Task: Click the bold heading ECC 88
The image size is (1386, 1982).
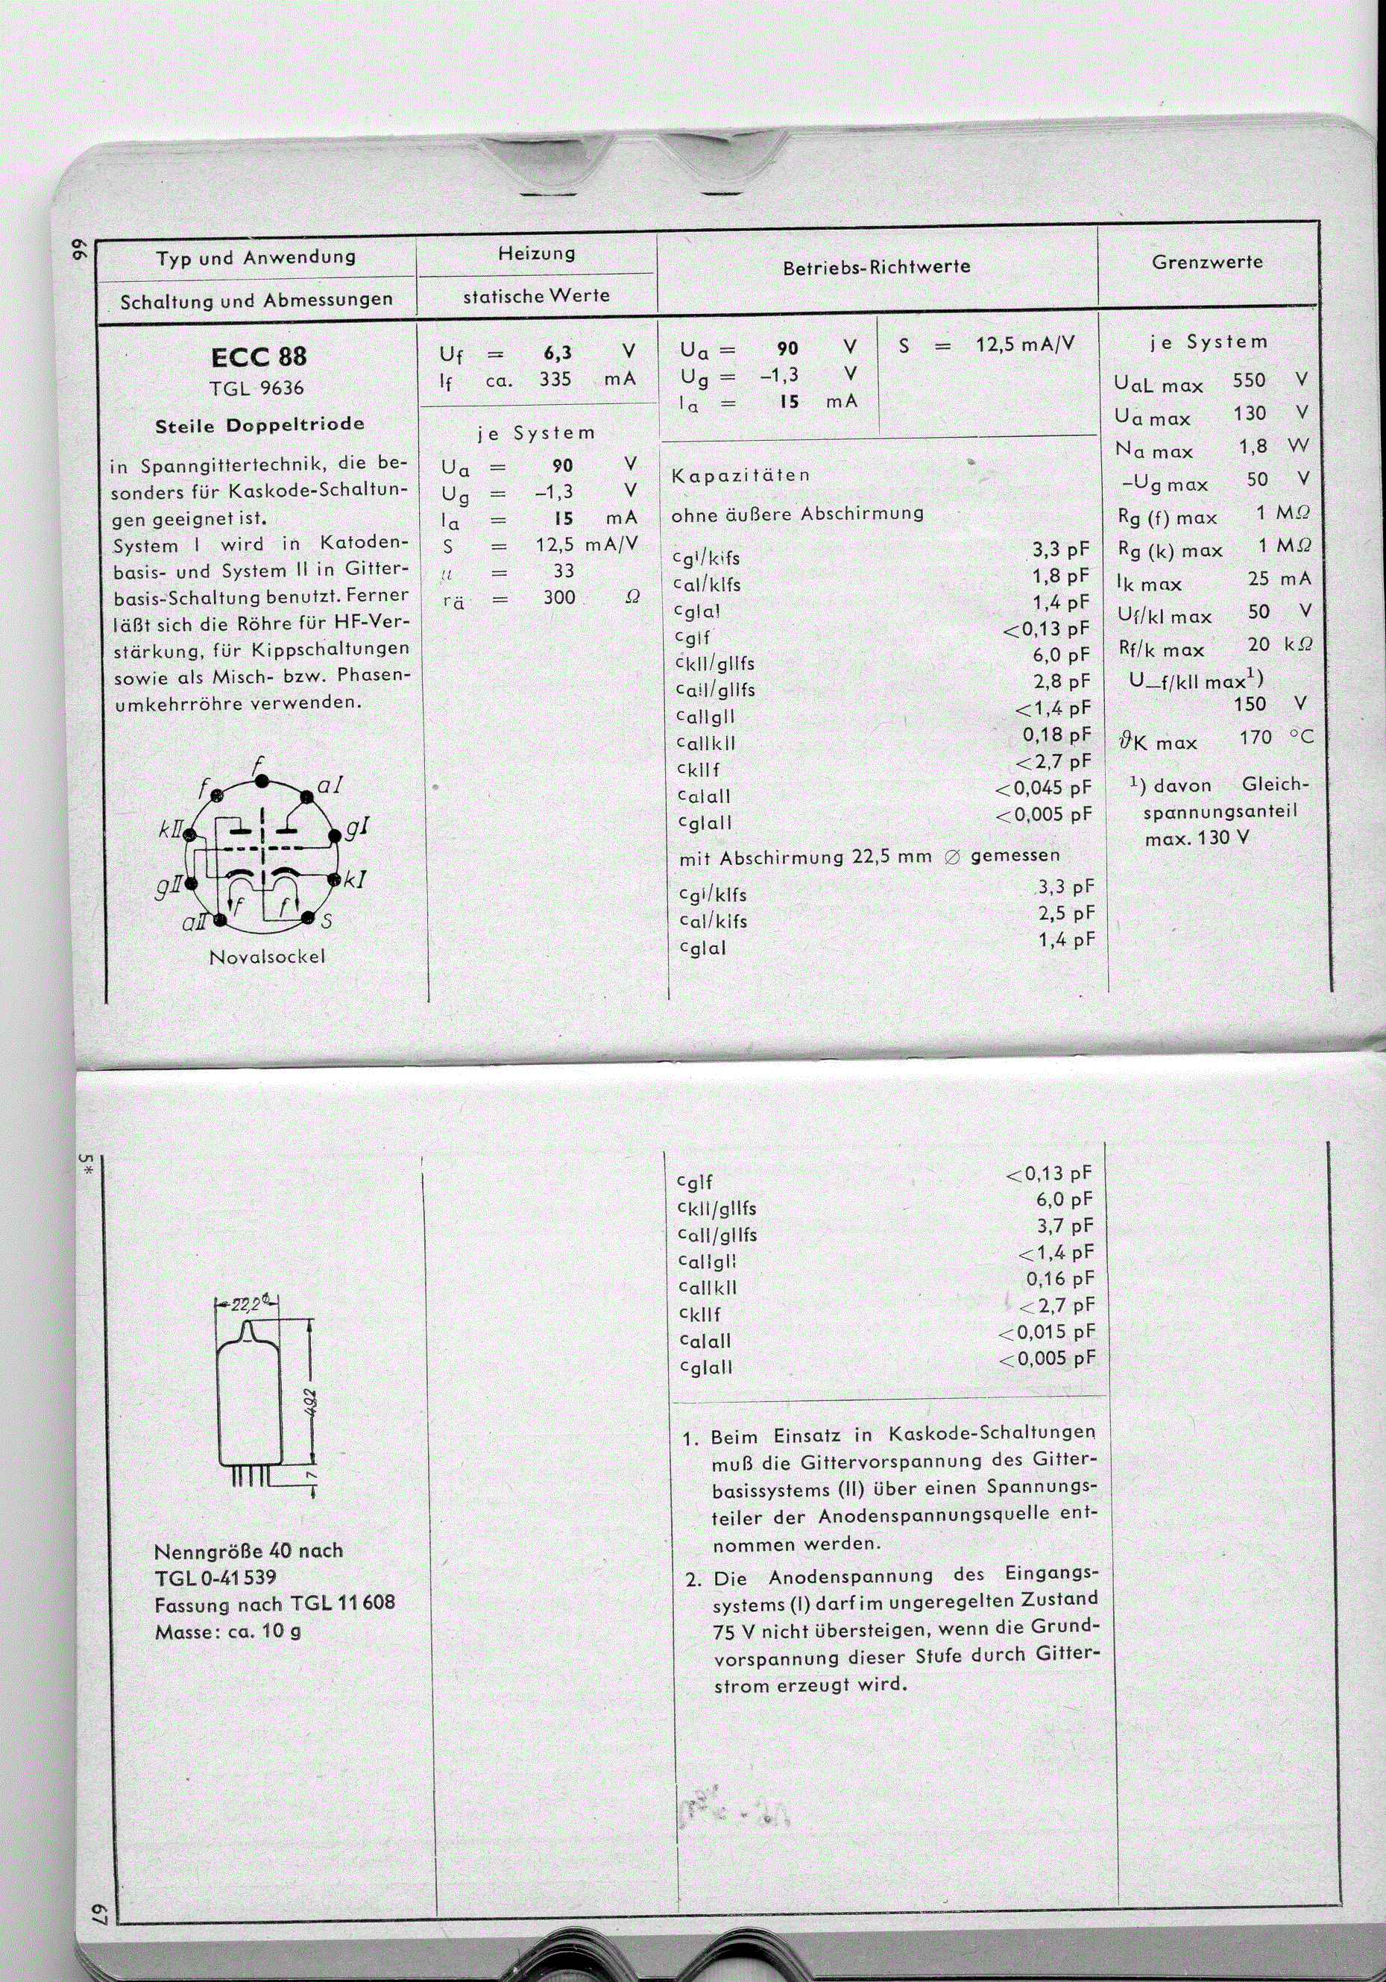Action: (258, 356)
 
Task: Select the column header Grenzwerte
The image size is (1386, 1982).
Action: (1207, 262)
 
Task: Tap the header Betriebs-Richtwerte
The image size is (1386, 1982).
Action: (876, 268)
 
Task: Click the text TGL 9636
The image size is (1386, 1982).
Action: (256, 388)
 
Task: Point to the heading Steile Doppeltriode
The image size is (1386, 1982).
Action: (259, 425)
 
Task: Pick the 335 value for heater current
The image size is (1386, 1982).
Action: (555, 379)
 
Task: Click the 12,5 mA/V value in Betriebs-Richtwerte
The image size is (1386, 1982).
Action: (1025, 345)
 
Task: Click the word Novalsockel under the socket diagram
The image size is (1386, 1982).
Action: (267, 957)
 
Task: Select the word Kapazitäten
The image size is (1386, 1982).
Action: (740, 475)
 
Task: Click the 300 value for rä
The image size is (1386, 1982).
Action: (558, 597)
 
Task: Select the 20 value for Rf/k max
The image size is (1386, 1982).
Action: (1259, 644)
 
